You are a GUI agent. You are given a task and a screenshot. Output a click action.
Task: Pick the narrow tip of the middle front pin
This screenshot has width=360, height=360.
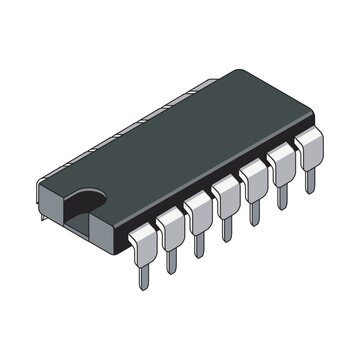pos(228,228)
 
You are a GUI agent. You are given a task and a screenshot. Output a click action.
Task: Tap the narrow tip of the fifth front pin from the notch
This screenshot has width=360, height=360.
pos(256,212)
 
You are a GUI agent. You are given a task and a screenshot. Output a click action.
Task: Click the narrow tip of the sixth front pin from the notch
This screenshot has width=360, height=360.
pos(283,197)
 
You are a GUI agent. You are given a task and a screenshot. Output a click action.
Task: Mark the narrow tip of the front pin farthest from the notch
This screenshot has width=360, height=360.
pos(310,181)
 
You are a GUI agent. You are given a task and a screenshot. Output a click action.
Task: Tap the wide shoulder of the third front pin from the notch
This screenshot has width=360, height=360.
pos(198,207)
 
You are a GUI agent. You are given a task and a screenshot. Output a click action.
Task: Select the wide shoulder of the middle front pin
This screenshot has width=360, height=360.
pos(226,192)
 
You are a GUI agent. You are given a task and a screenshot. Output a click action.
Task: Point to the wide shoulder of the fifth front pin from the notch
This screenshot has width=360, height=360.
pos(254,176)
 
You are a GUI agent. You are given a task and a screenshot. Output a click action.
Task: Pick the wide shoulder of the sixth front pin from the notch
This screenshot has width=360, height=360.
pos(281,161)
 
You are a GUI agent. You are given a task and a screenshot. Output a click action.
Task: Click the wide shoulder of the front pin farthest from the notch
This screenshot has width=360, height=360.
pos(309,146)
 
